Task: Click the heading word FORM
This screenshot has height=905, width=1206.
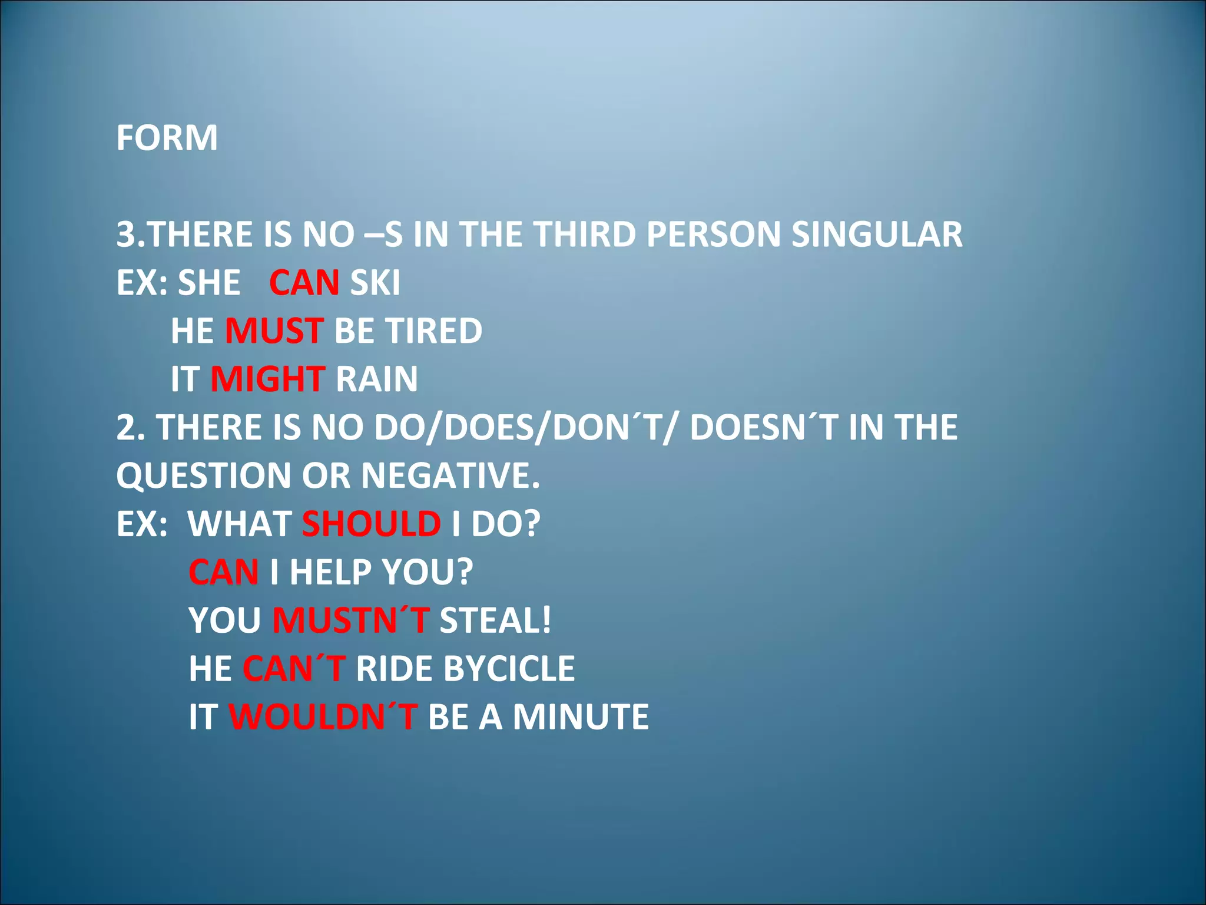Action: tap(167, 138)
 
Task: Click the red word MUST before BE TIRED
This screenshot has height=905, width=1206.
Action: tap(274, 331)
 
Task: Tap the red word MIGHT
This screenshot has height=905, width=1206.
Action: tap(267, 379)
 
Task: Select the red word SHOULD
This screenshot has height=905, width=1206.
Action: tap(371, 524)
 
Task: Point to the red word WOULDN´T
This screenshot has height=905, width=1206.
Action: tap(323, 717)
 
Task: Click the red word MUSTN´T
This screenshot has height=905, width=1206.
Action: tap(350, 620)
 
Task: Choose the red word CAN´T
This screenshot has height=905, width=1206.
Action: tap(293, 669)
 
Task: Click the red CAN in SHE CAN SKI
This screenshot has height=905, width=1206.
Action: tap(304, 283)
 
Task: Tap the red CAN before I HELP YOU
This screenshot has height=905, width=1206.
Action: tap(223, 572)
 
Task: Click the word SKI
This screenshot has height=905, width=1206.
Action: tap(375, 283)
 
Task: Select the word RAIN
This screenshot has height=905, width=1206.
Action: tap(376, 379)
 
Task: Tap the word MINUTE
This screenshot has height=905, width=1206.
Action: tap(580, 717)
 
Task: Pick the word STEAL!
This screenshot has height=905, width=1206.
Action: tap(495, 620)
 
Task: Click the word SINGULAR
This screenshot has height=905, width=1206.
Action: tap(876, 234)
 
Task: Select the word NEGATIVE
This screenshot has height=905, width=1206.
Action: tap(450, 475)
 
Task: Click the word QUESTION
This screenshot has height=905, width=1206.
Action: tap(203, 475)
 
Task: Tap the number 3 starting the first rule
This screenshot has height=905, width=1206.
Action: tap(125, 234)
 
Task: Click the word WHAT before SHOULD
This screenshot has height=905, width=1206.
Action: tap(239, 524)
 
